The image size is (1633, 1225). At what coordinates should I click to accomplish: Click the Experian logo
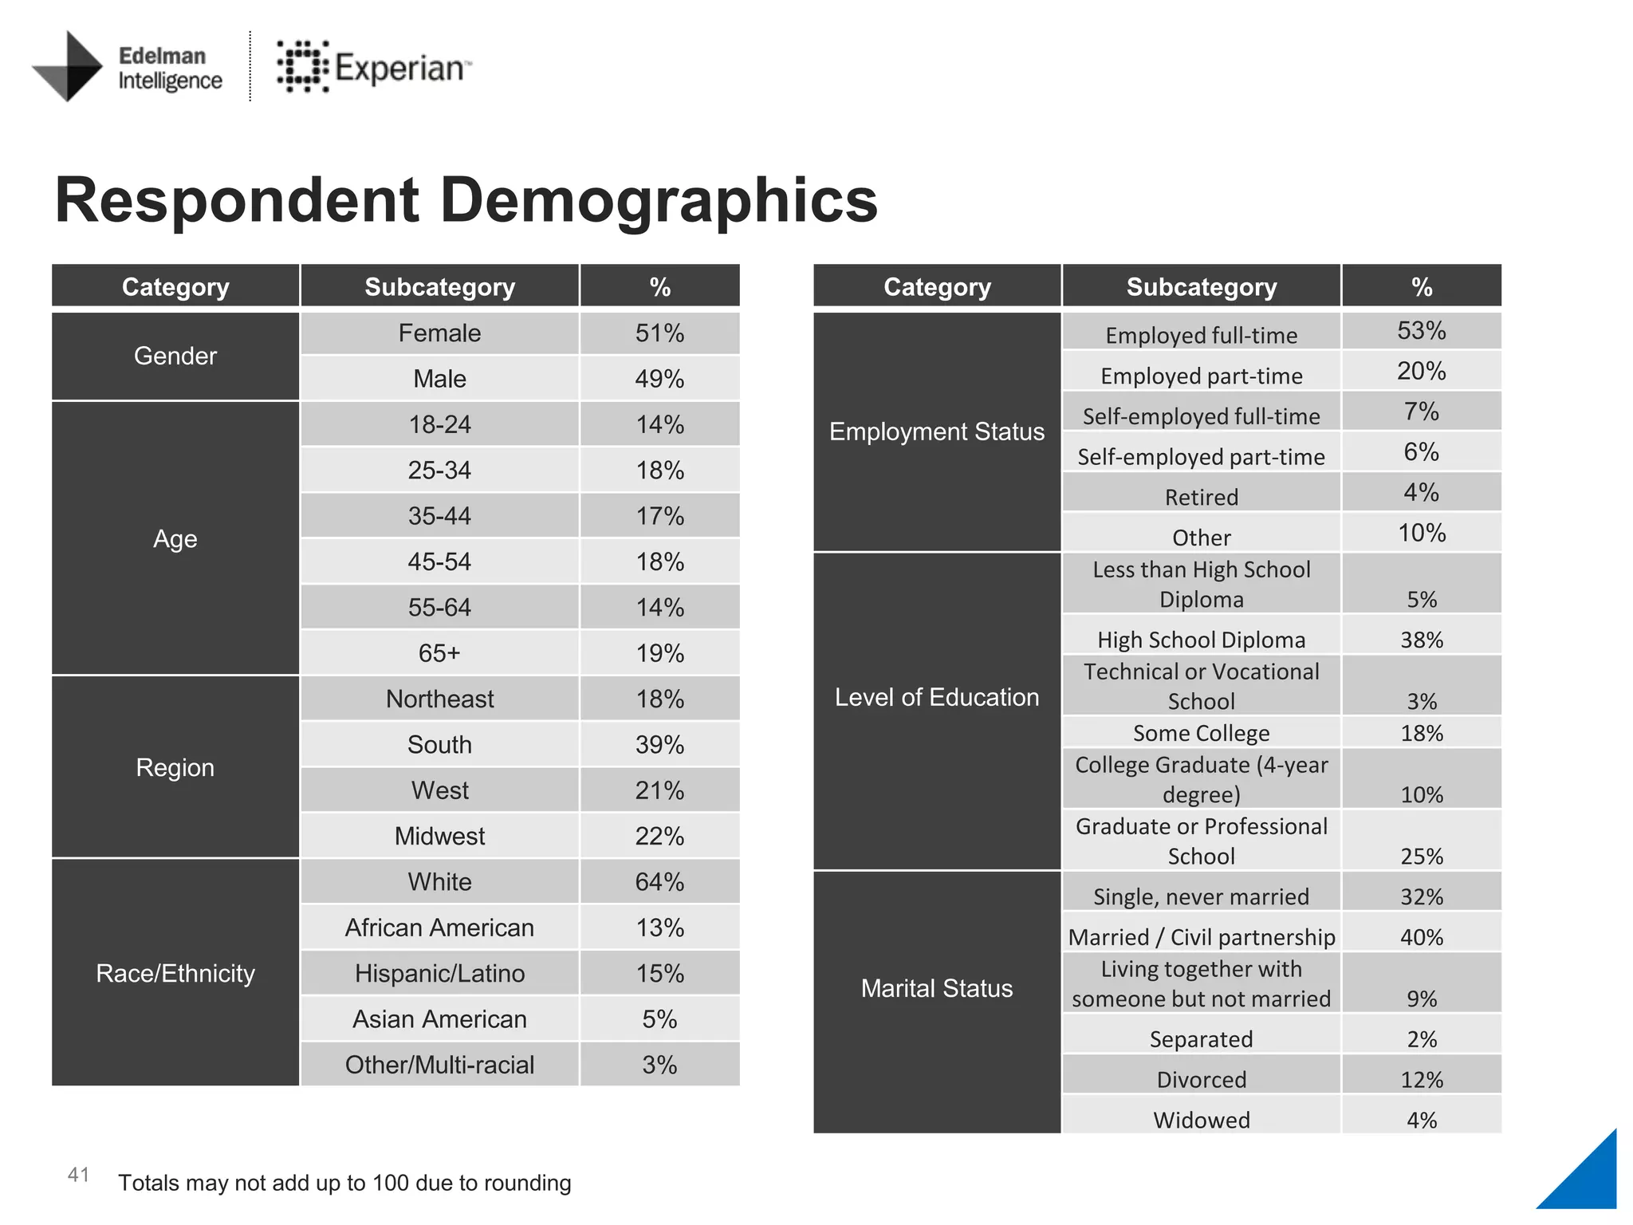pos(373,66)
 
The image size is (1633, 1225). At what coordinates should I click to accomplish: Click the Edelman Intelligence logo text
pos(170,68)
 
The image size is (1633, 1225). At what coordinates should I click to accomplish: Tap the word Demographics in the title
pos(659,200)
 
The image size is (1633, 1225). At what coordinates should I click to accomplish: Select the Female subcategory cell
pos(439,333)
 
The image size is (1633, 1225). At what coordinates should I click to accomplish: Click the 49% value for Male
pos(659,379)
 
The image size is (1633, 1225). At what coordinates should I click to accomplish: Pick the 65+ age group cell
pos(439,653)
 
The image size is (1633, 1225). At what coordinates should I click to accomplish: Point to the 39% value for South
pos(659,745)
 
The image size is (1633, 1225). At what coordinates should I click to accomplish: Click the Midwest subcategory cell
pos(439,836)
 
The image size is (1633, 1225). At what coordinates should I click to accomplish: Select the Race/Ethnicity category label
pos(175,973)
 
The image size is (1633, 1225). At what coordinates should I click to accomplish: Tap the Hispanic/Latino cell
pos(439,973)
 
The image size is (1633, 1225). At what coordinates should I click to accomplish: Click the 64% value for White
pos(659,882)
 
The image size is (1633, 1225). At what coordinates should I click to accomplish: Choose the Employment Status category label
pos(937,431)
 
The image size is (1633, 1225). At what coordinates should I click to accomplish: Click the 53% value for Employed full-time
pos(1421,331)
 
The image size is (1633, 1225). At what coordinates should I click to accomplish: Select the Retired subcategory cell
pos(1201,497)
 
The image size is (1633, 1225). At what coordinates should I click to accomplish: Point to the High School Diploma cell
pos(1201,640)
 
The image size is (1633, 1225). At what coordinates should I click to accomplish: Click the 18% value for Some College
pos(1421,733)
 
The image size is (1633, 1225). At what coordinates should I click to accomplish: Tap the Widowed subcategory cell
pos(1201,1120)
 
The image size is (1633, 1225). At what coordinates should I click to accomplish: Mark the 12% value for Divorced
pos(1421,1080)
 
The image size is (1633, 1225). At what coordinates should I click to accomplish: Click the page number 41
pos(78,1175)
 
